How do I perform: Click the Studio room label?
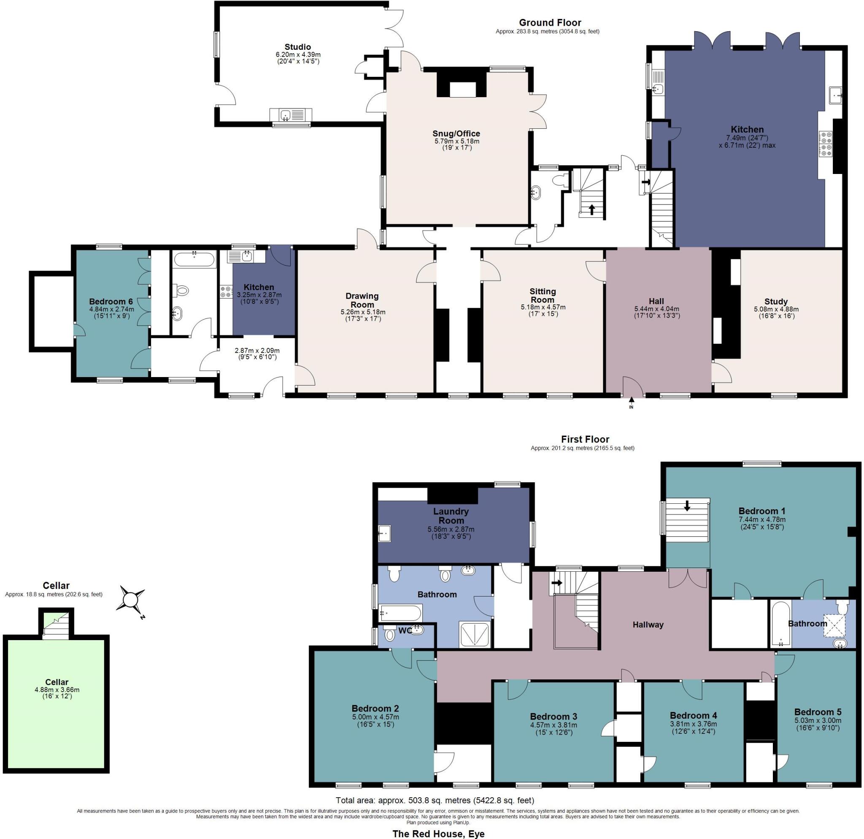pyautogui.click(x=297, y=47)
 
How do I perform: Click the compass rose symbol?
pyautogui.click(x=130, y=600)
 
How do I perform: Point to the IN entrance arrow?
pyautogui.click(x=631, y=401)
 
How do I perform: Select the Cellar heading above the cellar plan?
pyautogui.click(x=56, y=585)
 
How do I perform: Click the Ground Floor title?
pyautogui.click(x=550, y=22)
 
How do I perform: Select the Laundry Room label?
pyautogui.click(x=451, y=516)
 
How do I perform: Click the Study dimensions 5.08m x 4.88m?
pyautogui.click(x=776, y=309)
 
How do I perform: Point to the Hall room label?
pyautogui.click(x=656, y=301)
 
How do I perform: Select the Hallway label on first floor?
pyautogui.click(x=648, y=624)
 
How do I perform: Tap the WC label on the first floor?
pyautogui.click(x=405, y=631)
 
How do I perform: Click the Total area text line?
pyautogui.click(x=435, y=800)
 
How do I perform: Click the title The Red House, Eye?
pyautogui.click(x=438, y=834)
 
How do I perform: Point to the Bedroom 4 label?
pyautogui.click(x=693, y=715)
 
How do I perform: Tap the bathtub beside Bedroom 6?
pyautogui.click(x=194, y=259)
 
